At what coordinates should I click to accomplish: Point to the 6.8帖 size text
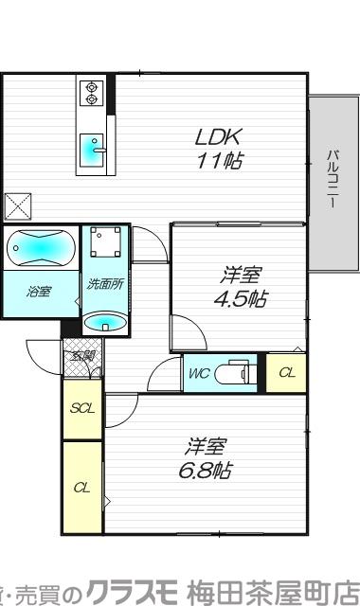point(207,470)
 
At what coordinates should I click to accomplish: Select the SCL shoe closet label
point(81,408)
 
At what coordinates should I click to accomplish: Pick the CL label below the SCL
point(81,488)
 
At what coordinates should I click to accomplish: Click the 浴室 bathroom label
point(39,294)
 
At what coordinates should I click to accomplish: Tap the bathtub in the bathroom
point(39,249)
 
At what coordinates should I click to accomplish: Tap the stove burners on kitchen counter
point(93,92)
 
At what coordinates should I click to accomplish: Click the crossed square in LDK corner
point(17,205)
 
